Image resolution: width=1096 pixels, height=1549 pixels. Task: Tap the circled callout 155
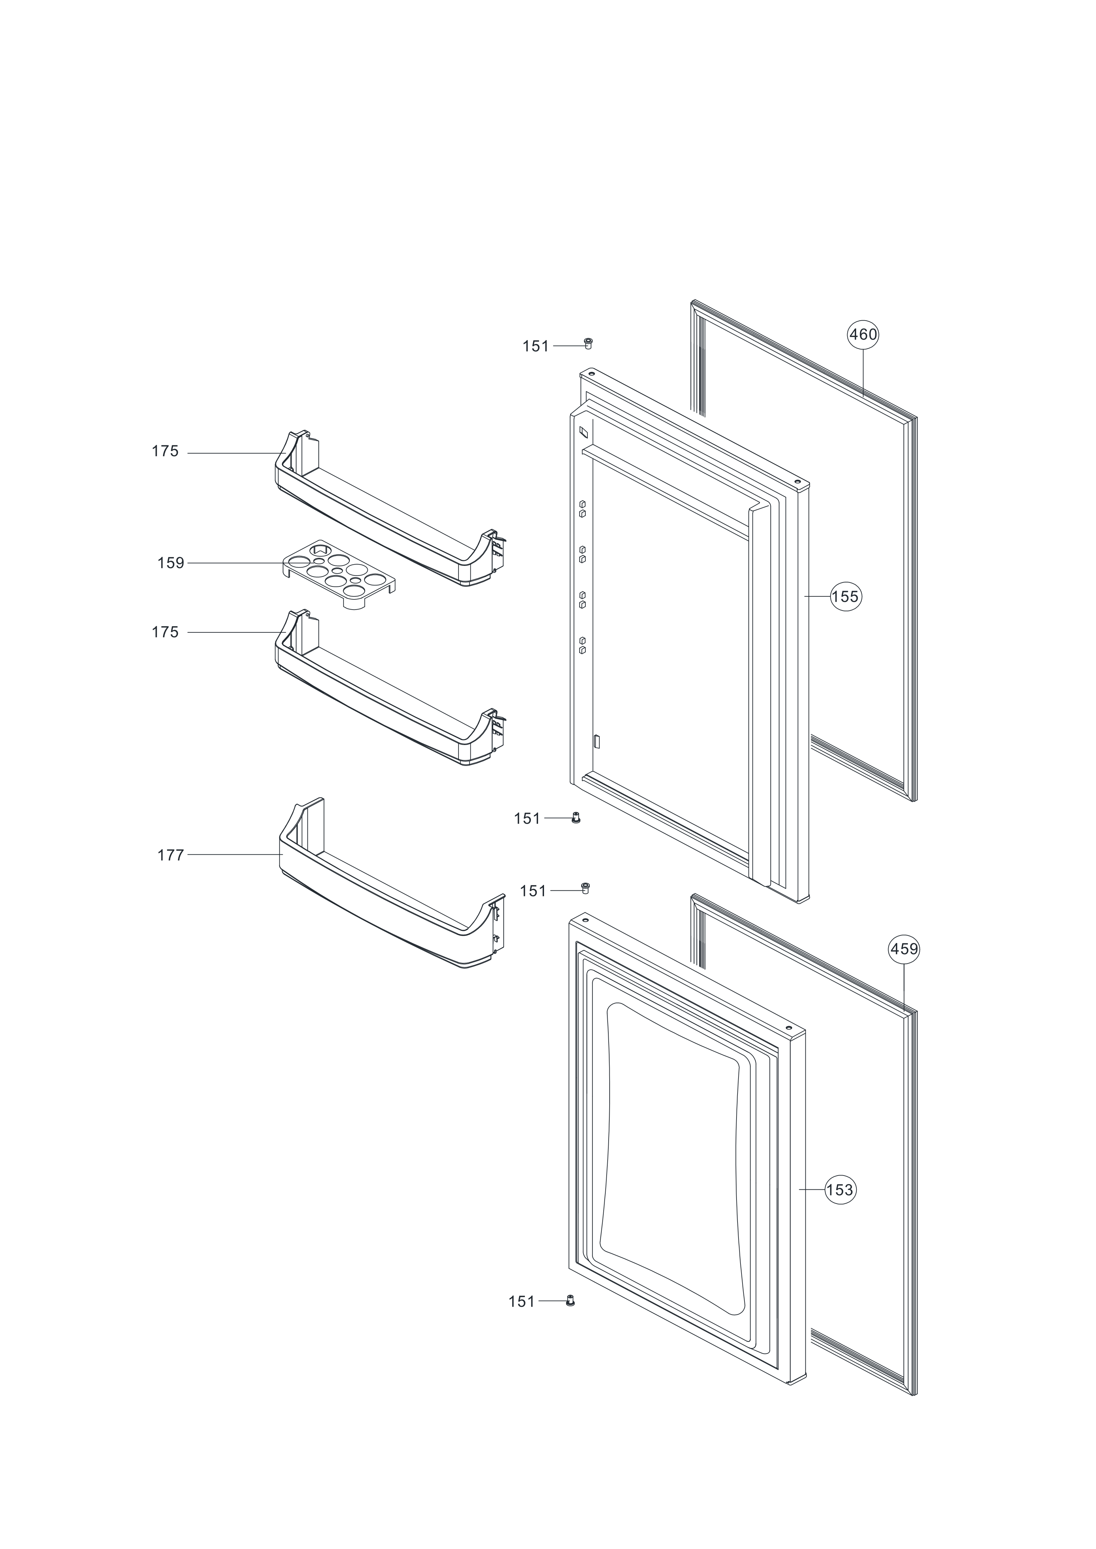click(x=846, y=596)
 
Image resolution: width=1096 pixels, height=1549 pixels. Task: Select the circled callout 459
click(x=904, y=949)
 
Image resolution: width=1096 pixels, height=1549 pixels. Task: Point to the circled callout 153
click(x=840, y=1189)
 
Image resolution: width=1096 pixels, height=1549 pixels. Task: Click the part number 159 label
click(x=171, y=563)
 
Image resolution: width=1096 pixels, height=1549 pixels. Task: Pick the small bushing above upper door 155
click(x=587, y=343)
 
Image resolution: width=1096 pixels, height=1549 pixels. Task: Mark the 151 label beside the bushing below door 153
click(x=522, y=1301)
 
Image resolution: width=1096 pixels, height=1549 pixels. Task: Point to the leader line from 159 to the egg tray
click(x=236, y=563)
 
